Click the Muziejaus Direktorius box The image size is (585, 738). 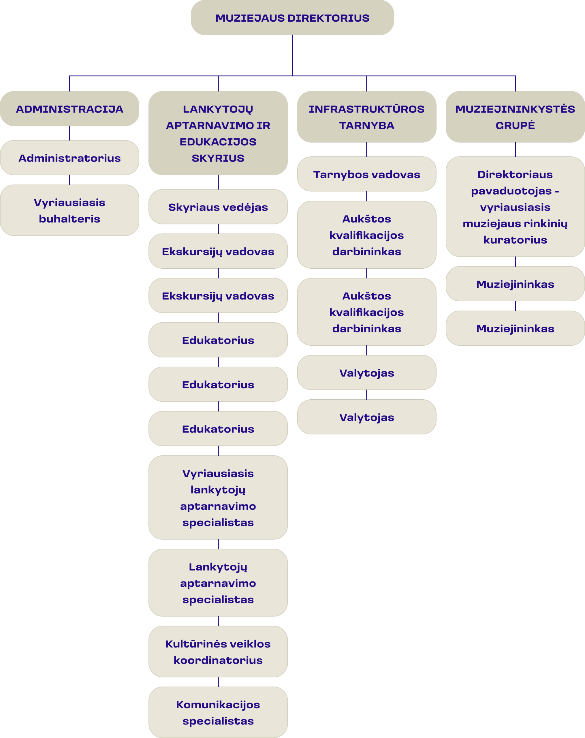coord(292,18)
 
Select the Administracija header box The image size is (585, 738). coord(69,109)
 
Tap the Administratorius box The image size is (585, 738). coord(69,158)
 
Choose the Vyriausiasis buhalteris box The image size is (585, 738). coord(69,210)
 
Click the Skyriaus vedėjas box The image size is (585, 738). coord(218,207)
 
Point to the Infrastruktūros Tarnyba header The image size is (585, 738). coord(367,117)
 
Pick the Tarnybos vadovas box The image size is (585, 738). coord(367,174)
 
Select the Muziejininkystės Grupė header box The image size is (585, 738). coord(515,117)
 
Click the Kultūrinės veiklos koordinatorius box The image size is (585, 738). coord(218,652)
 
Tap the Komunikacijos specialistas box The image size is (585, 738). coord(218,713)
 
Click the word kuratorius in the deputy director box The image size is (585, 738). coord(515,240)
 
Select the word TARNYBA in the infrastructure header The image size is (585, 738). coord(367,126)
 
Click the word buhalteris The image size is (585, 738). coord(69,219)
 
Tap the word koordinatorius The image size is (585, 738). coord(218,660)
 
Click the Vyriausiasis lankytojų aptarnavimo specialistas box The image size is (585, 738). coord(218,498)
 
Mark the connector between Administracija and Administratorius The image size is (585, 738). coord(69,133)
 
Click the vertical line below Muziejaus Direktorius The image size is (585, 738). coord(292,55)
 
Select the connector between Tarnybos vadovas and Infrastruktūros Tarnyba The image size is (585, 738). coord(367,150)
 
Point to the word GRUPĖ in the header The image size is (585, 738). coord(515,125)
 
